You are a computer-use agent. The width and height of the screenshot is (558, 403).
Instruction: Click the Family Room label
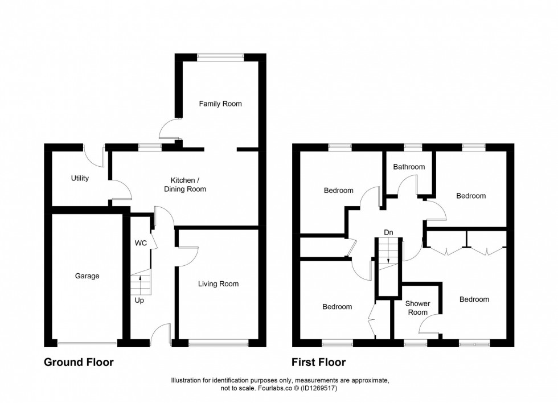(220, 104)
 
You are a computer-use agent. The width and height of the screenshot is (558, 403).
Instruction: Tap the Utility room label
(80, 178)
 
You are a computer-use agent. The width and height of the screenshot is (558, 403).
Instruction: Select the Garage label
(87, 276)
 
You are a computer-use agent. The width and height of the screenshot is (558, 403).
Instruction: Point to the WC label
(141, 243)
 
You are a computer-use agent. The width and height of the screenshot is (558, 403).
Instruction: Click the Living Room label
(218, 283)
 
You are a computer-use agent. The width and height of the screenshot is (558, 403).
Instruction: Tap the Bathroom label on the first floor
(409, 167)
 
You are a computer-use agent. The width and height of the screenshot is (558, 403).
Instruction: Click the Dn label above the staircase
(388, 232)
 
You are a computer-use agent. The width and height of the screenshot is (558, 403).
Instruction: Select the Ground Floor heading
(79, 362)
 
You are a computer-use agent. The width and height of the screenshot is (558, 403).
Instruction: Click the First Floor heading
(318, 362)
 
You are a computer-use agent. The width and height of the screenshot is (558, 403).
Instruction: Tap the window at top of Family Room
(220, 56)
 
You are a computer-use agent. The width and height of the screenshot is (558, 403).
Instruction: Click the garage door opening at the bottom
(87, 343)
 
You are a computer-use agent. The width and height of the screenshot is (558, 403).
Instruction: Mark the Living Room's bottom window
(219, 343)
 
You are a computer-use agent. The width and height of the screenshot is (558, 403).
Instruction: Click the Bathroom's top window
(413, 147)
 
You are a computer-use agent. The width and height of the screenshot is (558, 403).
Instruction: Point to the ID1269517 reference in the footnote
(320, 388)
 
